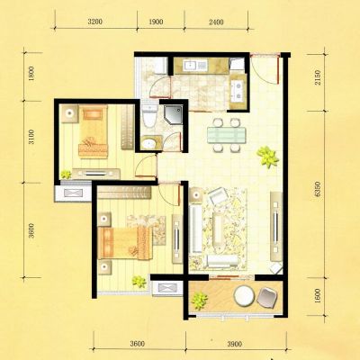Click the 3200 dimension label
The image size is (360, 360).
pos(95,22)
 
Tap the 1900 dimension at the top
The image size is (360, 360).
pos(156,22)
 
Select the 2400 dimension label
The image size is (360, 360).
pos(216,22)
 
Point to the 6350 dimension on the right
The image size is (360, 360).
pos(318,189)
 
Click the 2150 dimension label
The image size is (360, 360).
pos(318,77)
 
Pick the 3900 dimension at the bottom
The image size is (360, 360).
pos(234,344)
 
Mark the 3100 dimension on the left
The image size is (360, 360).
pos(31,137)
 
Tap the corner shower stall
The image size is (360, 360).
pos(173,115)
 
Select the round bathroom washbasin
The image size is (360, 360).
pos(149,144)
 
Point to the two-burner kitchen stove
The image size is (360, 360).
pos(238,91)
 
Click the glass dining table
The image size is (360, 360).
pos(227,135)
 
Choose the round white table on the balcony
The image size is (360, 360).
pos(244,296)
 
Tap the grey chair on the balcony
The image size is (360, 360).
pos(267,298)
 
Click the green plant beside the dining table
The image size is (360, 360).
pos(267,157)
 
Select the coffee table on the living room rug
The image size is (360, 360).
pos(218,229)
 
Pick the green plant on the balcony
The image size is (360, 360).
pos(200,301)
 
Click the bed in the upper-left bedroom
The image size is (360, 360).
pos(93,131)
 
